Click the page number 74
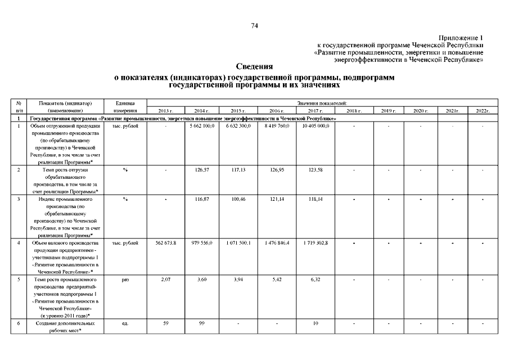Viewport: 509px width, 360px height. (254, 26)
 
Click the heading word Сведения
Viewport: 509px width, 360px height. (254, 67)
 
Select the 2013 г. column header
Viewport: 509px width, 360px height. (166, 111)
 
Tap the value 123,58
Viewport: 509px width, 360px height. (315, 169)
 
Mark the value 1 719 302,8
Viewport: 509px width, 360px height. (315, 242)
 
